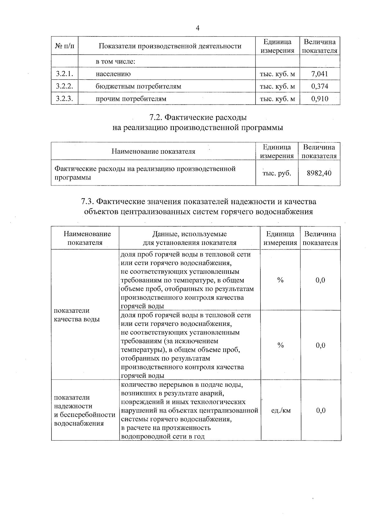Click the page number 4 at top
[x=197, y=28]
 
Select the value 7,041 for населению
[x=319, y=74]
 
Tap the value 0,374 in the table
[x=319, y=86]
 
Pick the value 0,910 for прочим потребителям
[x=319, y=99]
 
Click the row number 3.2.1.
[x=64, y=74]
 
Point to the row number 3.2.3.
[x=64, y=99]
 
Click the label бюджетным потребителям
[x=138, y=86]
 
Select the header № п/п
[x=65, y=46]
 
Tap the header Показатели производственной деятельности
[x=170, y=46]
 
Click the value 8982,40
[x=319, y=173]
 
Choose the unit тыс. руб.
[x=277, y=173]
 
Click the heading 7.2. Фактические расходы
[x=198, y=118]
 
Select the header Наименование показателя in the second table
[x=153, y=152]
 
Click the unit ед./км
[x=280, y=410]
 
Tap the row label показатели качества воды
[x=77, y=315]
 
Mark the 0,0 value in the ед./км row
[x=321, y=410]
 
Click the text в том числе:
[x=115, y=62]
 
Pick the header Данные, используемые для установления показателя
[x=189, y=238]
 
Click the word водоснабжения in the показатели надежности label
[x=79, y=423]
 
